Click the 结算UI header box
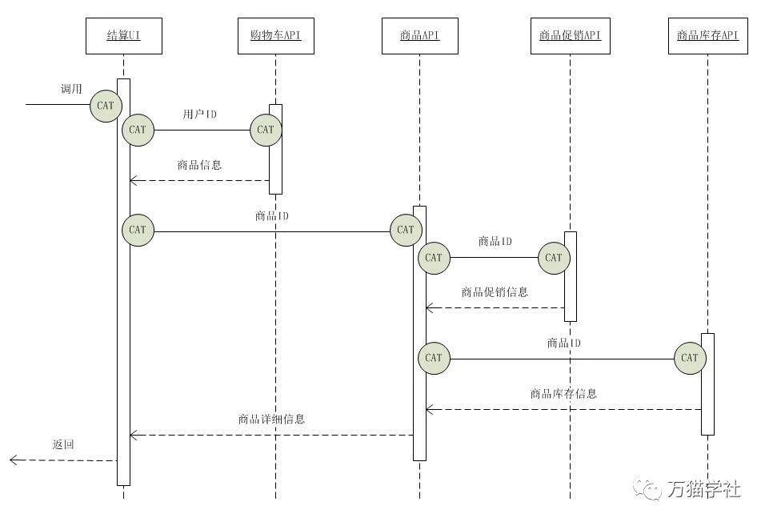(124, 36)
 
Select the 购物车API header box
(275, 36)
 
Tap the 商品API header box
(419, 36)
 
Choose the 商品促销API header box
(570, 36)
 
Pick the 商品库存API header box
(707, 36)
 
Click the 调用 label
(71, 89)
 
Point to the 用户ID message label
(199, 114)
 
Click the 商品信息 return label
(199, 166)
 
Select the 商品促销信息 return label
(495, 292)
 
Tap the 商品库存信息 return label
(563, 394)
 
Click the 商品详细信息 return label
(271, 419)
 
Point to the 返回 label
(63, 444)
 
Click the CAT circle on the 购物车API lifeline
(266, 130)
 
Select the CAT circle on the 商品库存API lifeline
(690, 358)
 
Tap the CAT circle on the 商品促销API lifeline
(554, 258)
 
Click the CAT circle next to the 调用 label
(106, 105)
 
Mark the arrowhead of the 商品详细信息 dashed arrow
(133, 435)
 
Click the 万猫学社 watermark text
(703, 488)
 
